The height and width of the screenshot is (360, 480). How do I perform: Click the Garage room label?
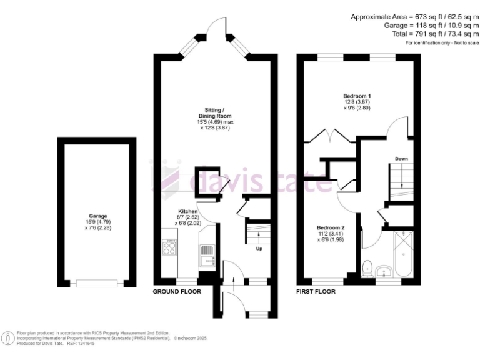[x=97, y=215]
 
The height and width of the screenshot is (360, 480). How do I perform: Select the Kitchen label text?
[x=188, y=211]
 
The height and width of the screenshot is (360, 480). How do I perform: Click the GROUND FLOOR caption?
[x=177, y=292]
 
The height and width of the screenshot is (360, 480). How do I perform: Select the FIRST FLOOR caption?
[x=316, y=292]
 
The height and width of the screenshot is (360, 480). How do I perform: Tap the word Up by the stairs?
[x=257, y=248]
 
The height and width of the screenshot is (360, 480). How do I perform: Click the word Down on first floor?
[x=401, y=159]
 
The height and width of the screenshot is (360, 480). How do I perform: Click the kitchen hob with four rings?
[x=169, y=247]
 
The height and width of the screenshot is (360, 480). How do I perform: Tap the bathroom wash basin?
[x=386, y=270]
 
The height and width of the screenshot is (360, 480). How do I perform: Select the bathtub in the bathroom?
[x=404, y=255]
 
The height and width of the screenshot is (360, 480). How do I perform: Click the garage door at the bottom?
[x=97, y=284]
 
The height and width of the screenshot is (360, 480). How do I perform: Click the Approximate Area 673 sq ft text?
[x=415, y=16]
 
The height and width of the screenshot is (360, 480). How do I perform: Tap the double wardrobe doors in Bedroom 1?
[x=329, y=136]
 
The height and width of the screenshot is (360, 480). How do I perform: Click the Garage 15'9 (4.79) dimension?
[x=97, y=222]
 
